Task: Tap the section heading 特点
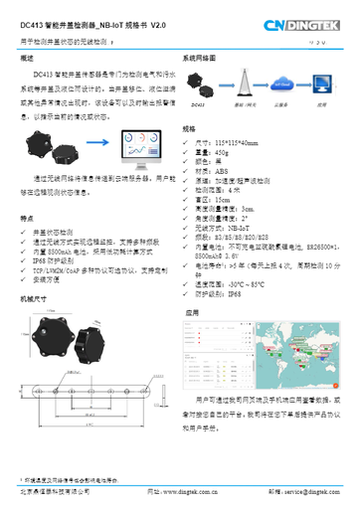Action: coord(27,218)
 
